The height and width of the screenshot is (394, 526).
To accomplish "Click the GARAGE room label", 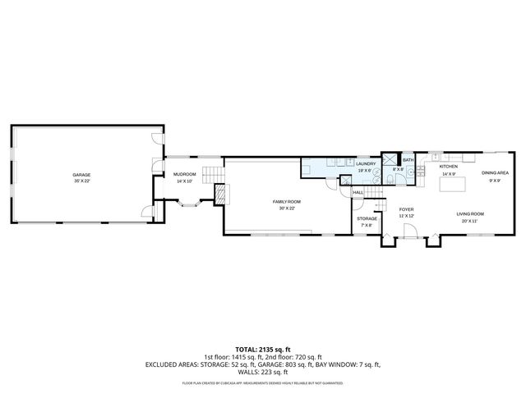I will pyautogui.click(x=81, y=175).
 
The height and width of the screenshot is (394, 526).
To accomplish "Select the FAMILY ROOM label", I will pyautogui.click(x=287, y=201).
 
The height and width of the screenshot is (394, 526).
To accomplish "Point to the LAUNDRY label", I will pyautogui.click(x=366, y=163).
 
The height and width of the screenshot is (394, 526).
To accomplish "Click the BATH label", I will pyautogui.click(x=408, y=160).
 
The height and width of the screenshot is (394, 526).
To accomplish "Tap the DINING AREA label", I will pyautogui.click(x=495, y=173).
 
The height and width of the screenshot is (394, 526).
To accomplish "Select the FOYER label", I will pyautogui.click(x=406, y=209).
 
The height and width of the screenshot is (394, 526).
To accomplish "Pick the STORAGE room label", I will pyautogui.click(x=367, y=218).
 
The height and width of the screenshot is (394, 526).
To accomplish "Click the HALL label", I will pyautogui.click(x=358, y=192).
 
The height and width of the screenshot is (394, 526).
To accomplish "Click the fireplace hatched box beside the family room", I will pyautogui.click(x=219, y=194).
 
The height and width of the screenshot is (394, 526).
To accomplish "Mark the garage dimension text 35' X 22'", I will pyautogui.click(x=81, y=181).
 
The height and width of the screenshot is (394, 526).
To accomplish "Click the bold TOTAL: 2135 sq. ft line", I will pyautogui.click(x=262, y=350).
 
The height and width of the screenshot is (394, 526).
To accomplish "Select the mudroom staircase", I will pyautogui.click(x=213, y=174).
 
